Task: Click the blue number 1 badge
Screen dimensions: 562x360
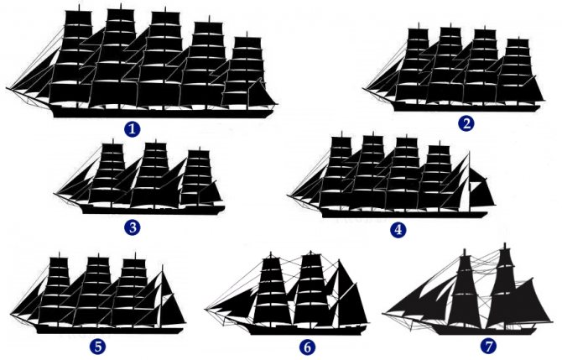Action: point(133,129)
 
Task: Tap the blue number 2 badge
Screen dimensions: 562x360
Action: point(466,123)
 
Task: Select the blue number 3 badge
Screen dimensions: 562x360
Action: point(133,227)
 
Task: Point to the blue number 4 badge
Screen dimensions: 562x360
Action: point(398,229)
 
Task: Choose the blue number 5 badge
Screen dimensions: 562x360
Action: point(98,347)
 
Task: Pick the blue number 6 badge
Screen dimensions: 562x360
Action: point(307,347)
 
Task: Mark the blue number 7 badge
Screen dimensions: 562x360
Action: point(488,346)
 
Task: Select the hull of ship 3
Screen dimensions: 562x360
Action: point(154,210)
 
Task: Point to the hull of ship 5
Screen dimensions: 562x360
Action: point(109,330)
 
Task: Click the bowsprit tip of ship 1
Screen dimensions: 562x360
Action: point(7,88)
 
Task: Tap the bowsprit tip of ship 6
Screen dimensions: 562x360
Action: point(206,308)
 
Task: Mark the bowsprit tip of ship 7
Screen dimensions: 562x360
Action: point(382,314)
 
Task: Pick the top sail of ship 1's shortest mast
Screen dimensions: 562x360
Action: point(247,42)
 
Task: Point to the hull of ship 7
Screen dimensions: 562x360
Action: point(484,330)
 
